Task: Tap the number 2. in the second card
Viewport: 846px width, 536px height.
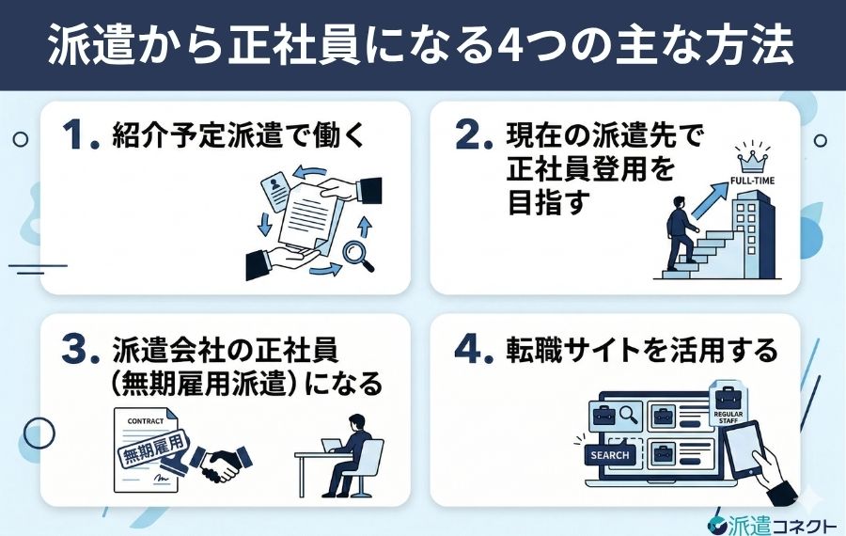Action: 474,137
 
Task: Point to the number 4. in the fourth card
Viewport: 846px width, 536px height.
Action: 474,351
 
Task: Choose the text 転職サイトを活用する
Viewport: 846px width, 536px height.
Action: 637,351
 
